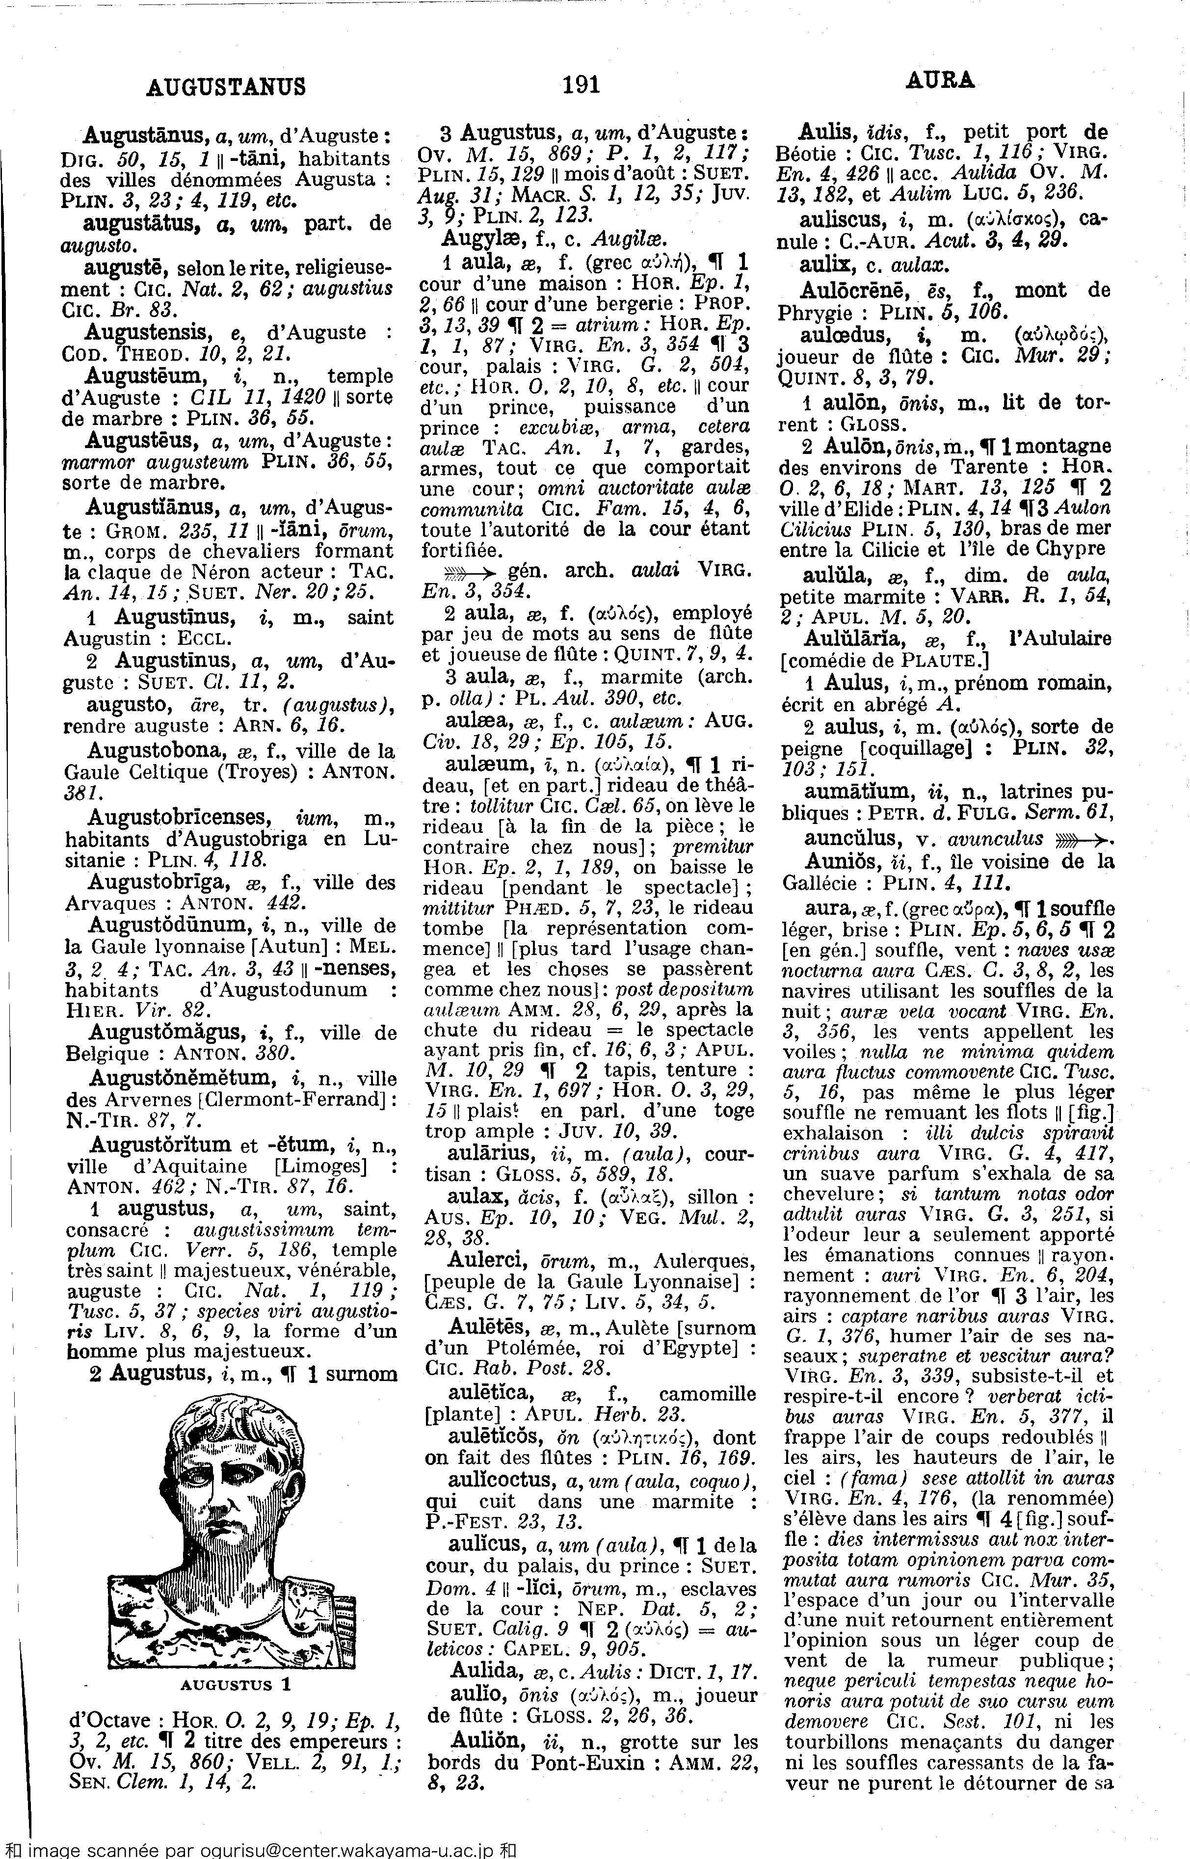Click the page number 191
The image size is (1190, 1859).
582,83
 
